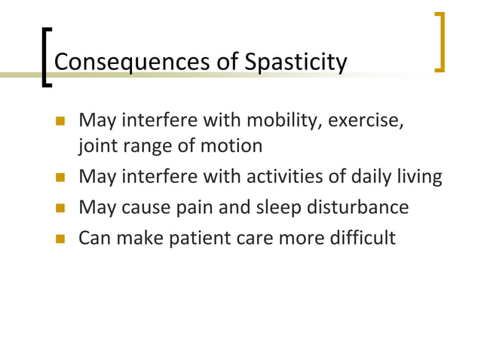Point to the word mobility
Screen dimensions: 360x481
pos(283,121)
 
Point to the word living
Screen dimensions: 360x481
pos(418,177)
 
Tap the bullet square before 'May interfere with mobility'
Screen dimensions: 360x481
pos(60,121)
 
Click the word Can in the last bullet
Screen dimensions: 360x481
pos(95,238)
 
